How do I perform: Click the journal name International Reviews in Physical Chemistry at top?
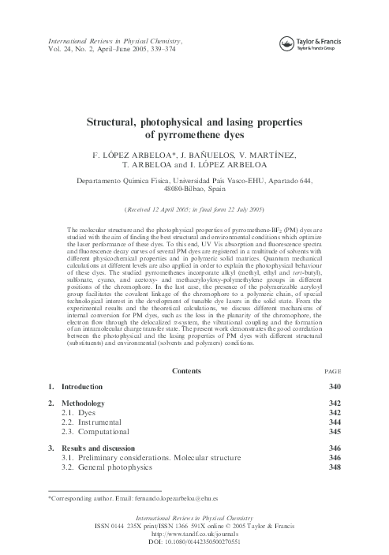(115, 39)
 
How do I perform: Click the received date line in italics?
(194, 209)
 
